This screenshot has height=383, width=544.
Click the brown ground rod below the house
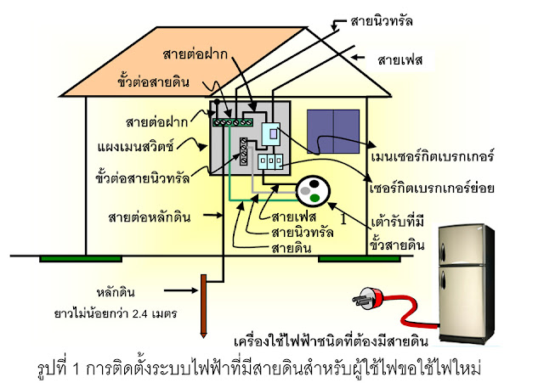click(201, 308)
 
